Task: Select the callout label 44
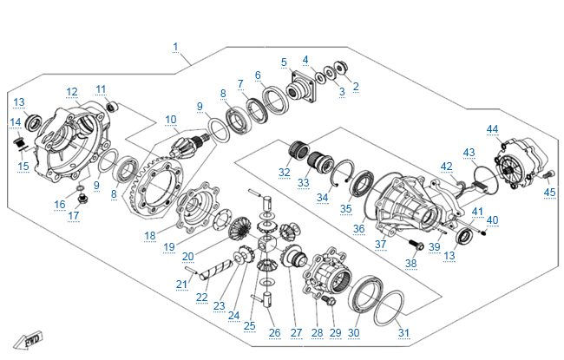(492, 129)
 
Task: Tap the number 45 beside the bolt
(549, 192)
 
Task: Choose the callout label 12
(71, 92)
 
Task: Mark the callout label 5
(284, 62)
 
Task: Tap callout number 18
(150, 235)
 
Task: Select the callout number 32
(285, 173)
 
